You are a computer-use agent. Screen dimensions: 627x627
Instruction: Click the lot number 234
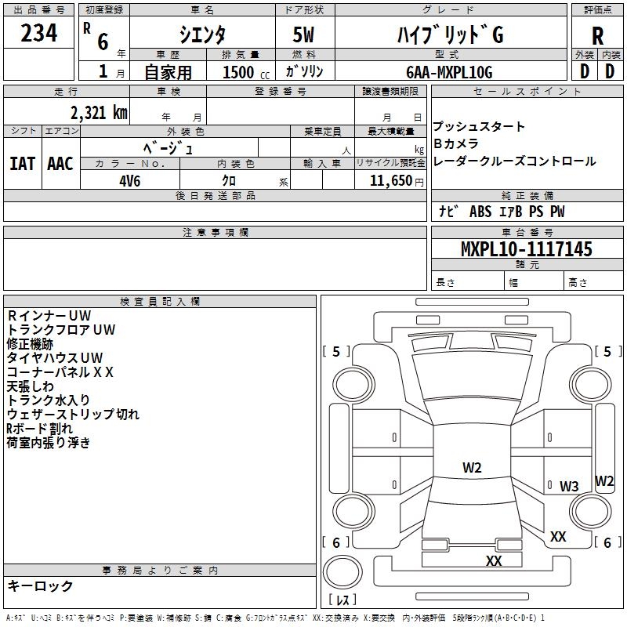pyautogui.click(x=39, y=34)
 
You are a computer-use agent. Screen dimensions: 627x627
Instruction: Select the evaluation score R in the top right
pyautogui.click(x=597, y=36)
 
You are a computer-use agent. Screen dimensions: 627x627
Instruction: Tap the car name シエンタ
pyautogui.click(x=202, y=35)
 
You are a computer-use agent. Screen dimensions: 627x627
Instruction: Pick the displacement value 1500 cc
pyautogui.click(x=240, y=72)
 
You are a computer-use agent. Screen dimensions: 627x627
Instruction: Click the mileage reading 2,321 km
pyautogui.click(x=97, y=112)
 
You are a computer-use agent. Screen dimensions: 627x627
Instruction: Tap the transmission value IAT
pyautogui.click(x=23, y=163)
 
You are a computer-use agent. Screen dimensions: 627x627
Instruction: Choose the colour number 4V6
pyautogui.click(x=130, y=179)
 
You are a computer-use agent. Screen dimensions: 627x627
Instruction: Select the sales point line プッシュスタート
pyautogui.click(x=479, y=127)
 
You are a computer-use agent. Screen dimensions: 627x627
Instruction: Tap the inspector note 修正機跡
pyautogui.click(x=30, y=344)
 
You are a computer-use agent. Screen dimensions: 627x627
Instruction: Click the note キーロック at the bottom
pyautogui.click(x=41, y=586)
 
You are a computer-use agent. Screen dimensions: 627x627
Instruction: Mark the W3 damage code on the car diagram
pyautogui.click(x=568, y=486)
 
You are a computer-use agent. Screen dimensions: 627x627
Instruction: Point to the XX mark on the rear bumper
pyautogui.click(x=494, y=561)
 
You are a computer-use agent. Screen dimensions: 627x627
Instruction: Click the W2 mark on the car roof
pyautogui.click(x=472, y=468)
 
